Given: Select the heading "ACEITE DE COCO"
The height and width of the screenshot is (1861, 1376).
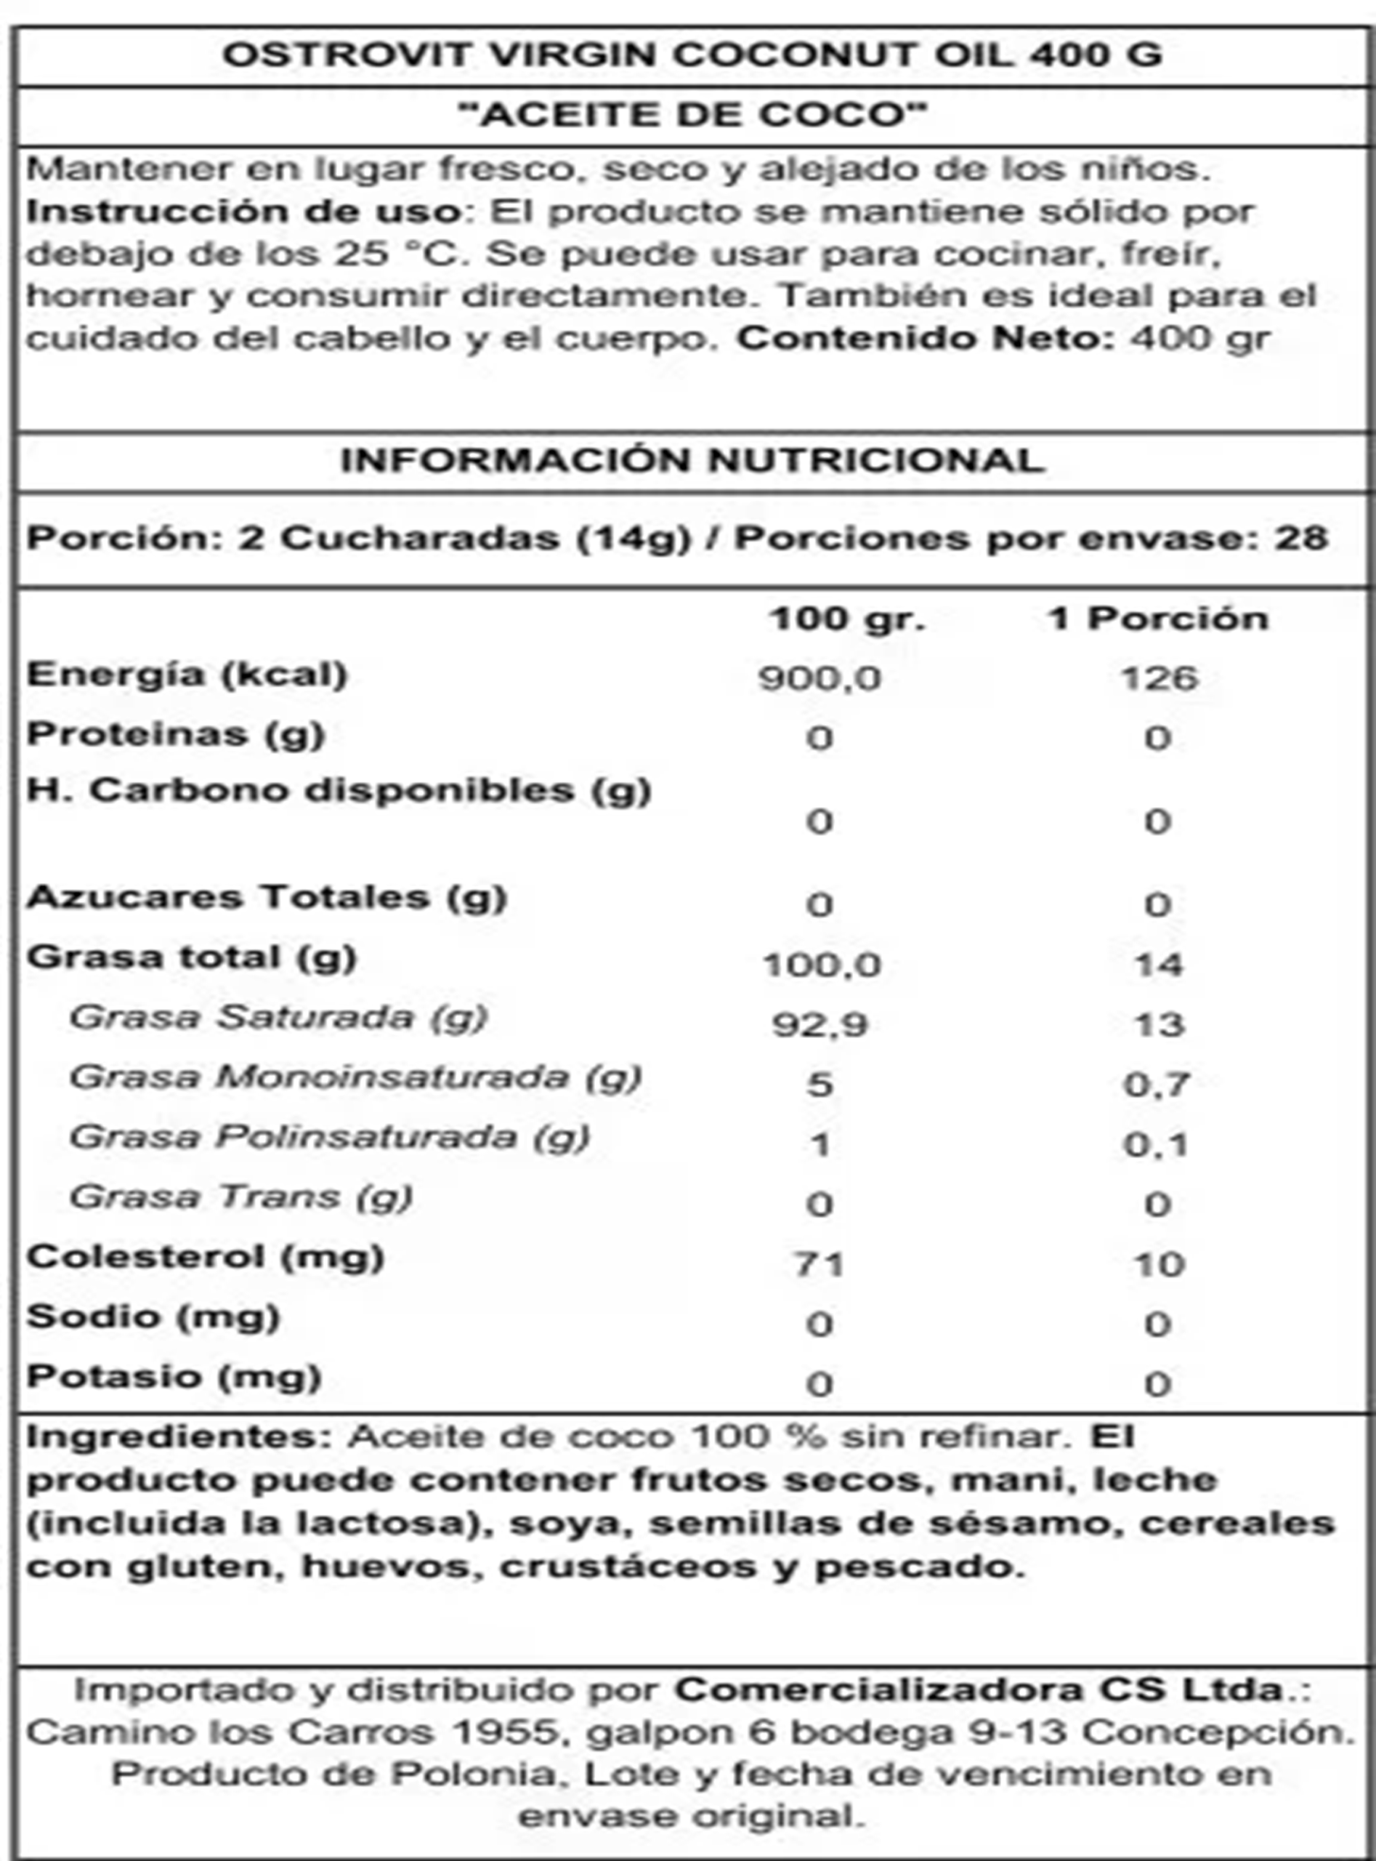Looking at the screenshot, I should point(693,114).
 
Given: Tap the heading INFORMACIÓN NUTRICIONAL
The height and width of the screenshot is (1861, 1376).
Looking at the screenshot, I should point(693,460).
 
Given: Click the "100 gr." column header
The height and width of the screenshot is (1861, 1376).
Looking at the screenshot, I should point(846,619).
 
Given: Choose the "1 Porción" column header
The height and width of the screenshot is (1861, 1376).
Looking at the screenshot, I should point(1159,619).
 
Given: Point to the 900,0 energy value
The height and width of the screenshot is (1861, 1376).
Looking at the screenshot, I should point(819,678).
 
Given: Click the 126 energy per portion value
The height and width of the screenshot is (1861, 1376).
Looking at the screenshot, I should point(1159,678).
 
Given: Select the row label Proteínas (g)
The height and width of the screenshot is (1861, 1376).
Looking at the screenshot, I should point(175,734).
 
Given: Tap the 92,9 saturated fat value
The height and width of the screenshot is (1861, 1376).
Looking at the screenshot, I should point(819,1024).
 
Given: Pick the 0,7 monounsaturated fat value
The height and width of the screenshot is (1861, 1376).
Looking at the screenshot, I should point(1157,1085).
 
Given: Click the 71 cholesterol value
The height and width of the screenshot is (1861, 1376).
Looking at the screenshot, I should point(819,1264).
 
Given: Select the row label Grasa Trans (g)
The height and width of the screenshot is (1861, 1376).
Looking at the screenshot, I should point(240,1197).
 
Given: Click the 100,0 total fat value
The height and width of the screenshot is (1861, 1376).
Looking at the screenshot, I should point(821,965).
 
